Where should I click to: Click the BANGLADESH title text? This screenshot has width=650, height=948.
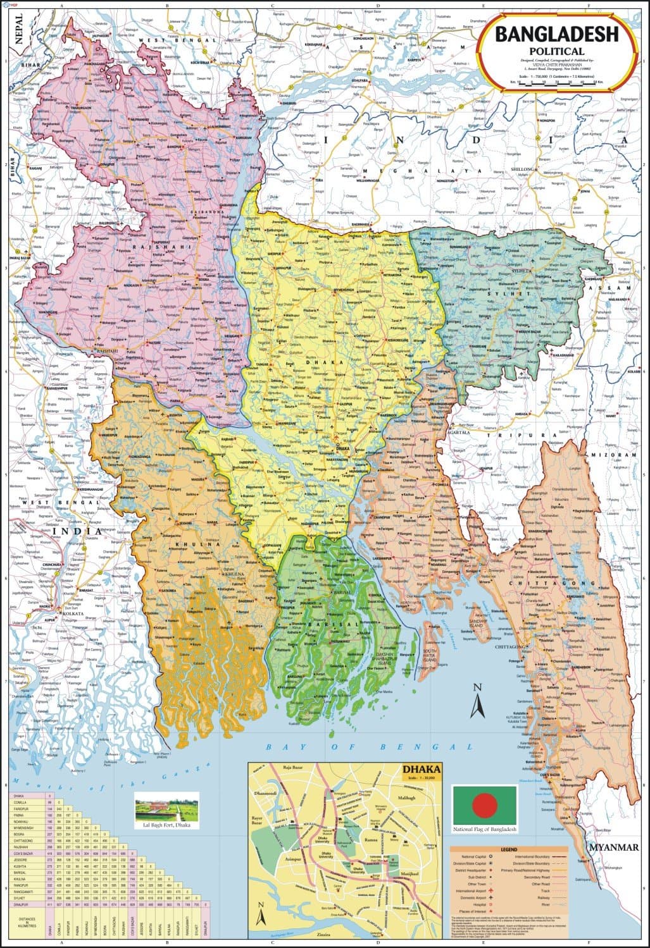[556, 35]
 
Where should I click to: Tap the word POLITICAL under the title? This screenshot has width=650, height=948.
[557, 51]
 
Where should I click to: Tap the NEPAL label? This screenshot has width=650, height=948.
[19, 29]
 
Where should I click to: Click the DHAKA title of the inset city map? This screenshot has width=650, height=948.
[417, 770]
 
